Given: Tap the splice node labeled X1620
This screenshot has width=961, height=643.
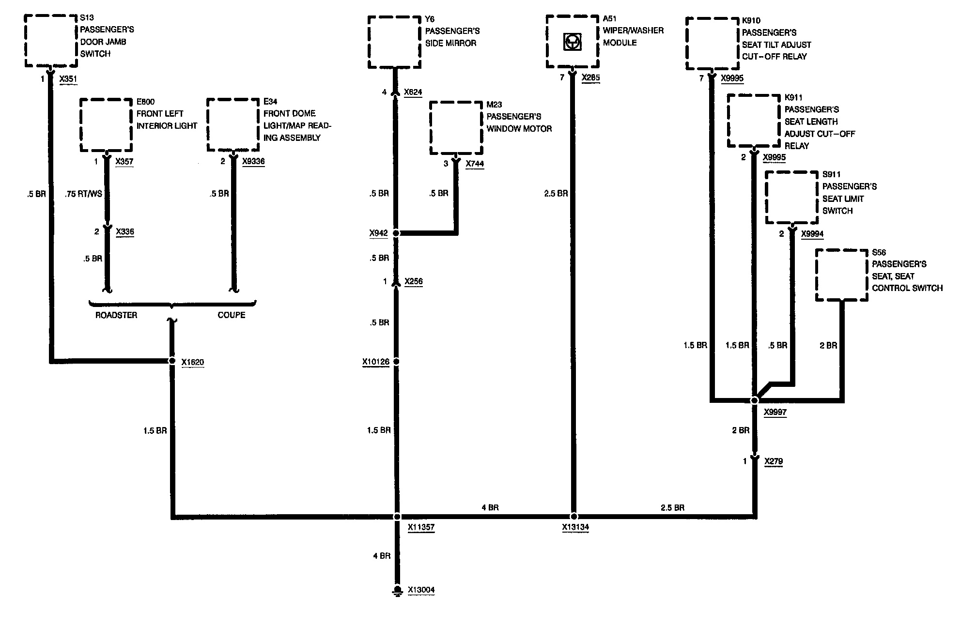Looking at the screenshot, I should click(171, 361).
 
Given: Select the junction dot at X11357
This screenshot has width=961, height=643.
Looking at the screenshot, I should click(397, 517).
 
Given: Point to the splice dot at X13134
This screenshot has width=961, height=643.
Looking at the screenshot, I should click(573, 517).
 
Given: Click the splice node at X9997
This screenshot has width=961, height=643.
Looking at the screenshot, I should click(754, 400).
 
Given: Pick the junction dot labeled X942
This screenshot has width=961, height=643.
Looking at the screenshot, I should click(396, 233).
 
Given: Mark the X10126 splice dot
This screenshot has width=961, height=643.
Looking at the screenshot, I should click(396, 361).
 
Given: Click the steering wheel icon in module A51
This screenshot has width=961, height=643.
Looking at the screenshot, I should click(572, 42).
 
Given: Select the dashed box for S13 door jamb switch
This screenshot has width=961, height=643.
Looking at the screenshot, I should click(51, 41).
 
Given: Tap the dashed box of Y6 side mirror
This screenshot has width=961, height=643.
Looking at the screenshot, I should click(394, 42).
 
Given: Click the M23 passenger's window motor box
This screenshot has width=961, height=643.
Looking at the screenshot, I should click(456, 128).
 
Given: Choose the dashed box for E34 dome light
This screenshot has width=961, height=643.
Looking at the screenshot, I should click(233, 125).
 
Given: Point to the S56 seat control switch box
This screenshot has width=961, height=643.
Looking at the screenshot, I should click(841, 275).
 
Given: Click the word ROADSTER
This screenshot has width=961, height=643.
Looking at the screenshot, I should click(116, 315).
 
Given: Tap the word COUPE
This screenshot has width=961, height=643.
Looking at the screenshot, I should click(231, 315).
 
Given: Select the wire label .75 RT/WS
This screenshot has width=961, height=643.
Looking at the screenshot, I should click(84, 194).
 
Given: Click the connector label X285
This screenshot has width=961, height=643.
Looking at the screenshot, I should click(590, 78).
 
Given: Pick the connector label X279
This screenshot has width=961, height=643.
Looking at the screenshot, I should click(773, 461).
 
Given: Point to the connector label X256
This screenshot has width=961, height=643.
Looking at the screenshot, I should click(413, 282).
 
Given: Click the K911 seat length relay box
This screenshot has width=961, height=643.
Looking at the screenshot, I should click(754, 121).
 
